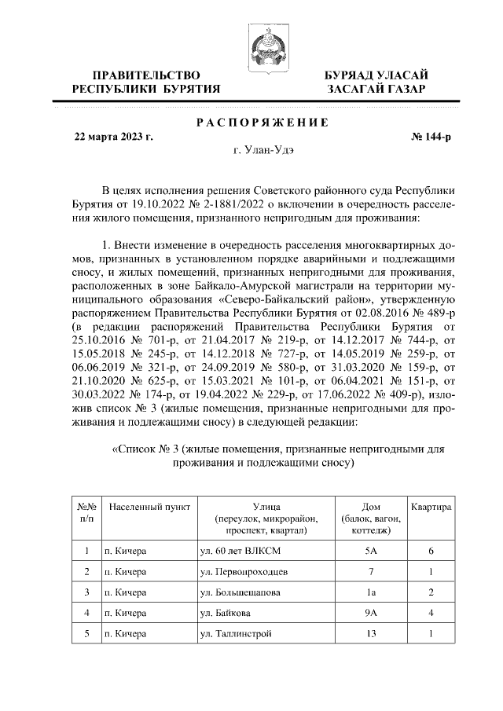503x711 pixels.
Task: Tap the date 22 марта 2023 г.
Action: pyautogui.click(x=113, y=135)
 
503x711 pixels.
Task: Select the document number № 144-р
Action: pyautogui.click(x=431, y=135)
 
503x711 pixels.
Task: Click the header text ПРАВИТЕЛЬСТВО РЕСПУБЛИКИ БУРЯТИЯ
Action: pyautogui.click(x=145, y=82)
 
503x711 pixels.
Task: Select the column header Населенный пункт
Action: pyautogui.click(x=149, y=508)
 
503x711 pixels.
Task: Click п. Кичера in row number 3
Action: pyautogui.click(x=126, y=592)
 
